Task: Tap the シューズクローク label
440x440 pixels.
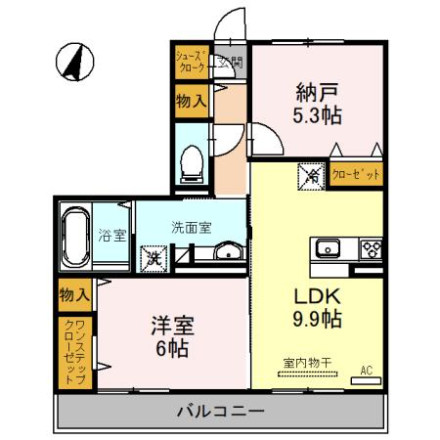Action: click(x=191, y=63)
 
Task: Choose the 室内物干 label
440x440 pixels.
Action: click(x=307, y=363)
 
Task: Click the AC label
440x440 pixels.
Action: click(x=367, y=370)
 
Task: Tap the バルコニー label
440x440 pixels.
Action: click(x=220, y=411)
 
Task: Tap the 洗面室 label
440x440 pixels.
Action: click(x=192, y=227)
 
